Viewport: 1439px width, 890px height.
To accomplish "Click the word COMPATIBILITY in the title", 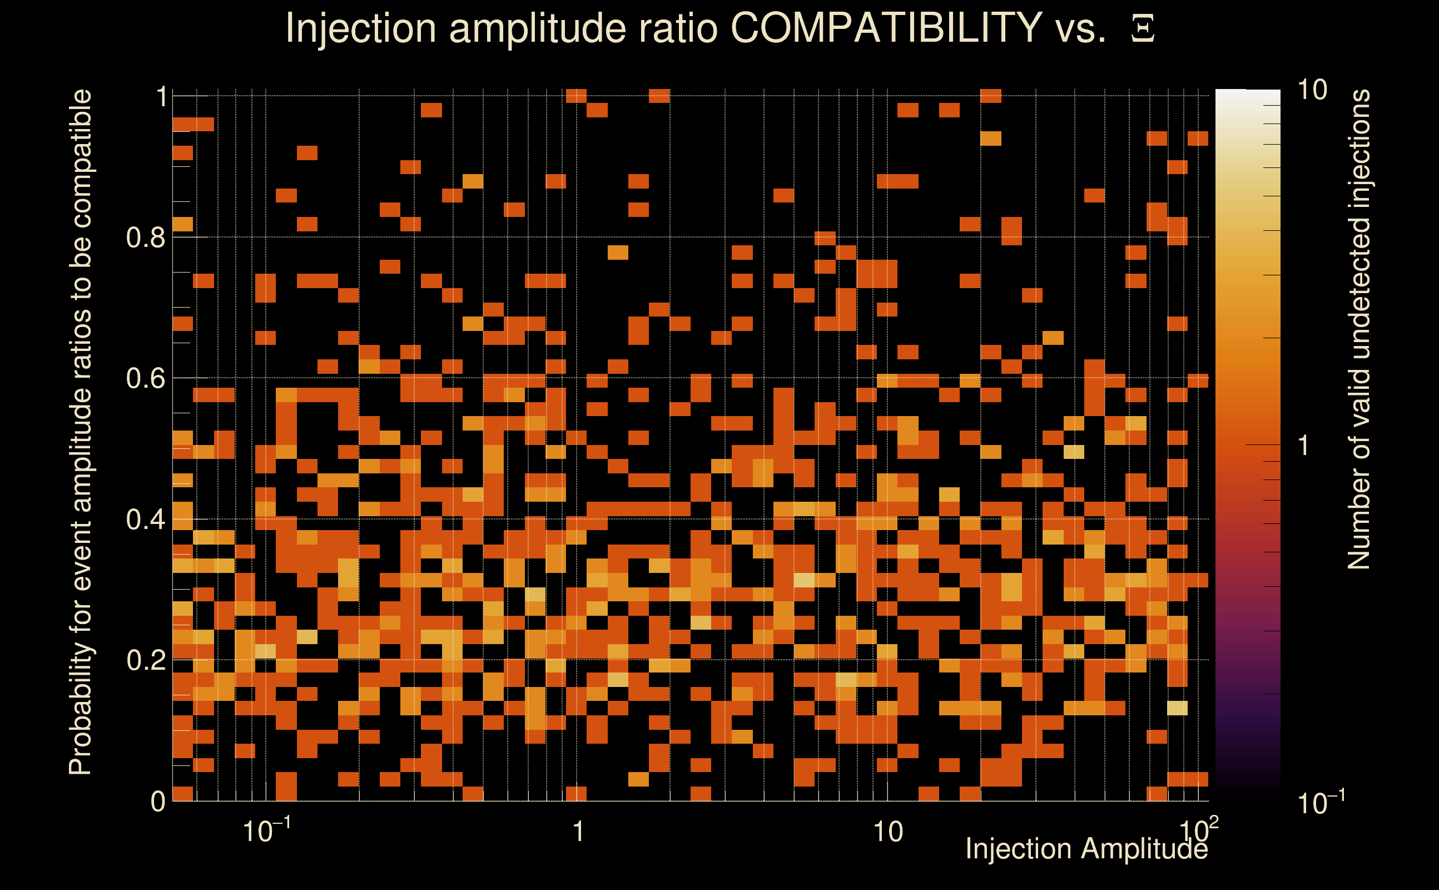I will click(886, 28).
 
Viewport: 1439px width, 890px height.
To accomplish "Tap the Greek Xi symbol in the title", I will click(1143, 29).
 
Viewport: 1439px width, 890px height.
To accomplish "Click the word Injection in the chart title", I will click(360, 28).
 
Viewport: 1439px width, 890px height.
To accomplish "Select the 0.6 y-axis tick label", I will click(144, 378).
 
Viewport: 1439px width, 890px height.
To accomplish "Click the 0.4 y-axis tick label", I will click(144, 519).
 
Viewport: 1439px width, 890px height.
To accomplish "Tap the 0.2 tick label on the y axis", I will click(144, 660).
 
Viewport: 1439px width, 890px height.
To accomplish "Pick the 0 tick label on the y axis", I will click(158, 801).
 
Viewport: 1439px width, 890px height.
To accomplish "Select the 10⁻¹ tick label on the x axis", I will click(266, 830).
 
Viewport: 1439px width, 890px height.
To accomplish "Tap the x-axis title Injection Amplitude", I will click(1086, 849).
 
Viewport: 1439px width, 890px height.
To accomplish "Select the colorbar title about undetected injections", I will click(1358, 330).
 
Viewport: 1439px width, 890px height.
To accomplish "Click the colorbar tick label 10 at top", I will click(1311, 90).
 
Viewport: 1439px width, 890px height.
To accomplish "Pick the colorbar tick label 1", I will click(1304, 446).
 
